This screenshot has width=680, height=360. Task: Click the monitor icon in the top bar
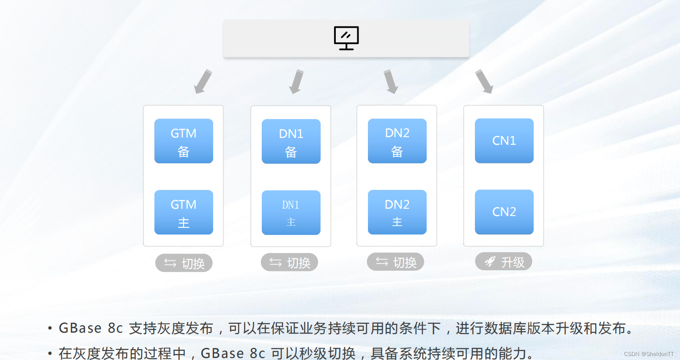(x=346, y=38)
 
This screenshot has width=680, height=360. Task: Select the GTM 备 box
(x=184, y=141)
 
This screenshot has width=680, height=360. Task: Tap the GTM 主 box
(x=184, y=212)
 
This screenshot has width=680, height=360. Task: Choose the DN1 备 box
(x=291, y=141)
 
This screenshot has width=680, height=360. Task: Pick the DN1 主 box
(x=291, y=212)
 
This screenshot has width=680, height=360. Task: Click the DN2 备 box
(x=397, y=141)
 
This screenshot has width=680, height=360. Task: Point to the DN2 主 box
(x=397, y=212)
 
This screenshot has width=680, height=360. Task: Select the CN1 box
(x=504, y=140)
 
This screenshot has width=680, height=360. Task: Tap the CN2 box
(x=504, y=212)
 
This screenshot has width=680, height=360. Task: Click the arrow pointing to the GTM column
(x=203, y=82)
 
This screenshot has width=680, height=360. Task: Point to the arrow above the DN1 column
(x=297, y=82)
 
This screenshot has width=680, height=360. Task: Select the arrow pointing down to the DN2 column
(x=390, y=82)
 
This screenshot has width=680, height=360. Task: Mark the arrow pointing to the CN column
(x=484, y=82)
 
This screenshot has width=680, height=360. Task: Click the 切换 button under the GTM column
(x=184, y=263)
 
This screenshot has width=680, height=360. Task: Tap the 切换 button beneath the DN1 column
(x=290, y=262)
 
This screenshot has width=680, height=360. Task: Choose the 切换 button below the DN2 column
(x=395, y=262)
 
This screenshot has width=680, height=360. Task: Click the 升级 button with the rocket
(x=503, y=262)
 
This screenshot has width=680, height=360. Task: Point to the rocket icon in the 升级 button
(x=490, y=262)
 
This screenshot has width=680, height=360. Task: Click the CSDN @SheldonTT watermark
(x=649, y=354)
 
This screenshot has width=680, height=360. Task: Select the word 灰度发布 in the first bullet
(x=185, y=328)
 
